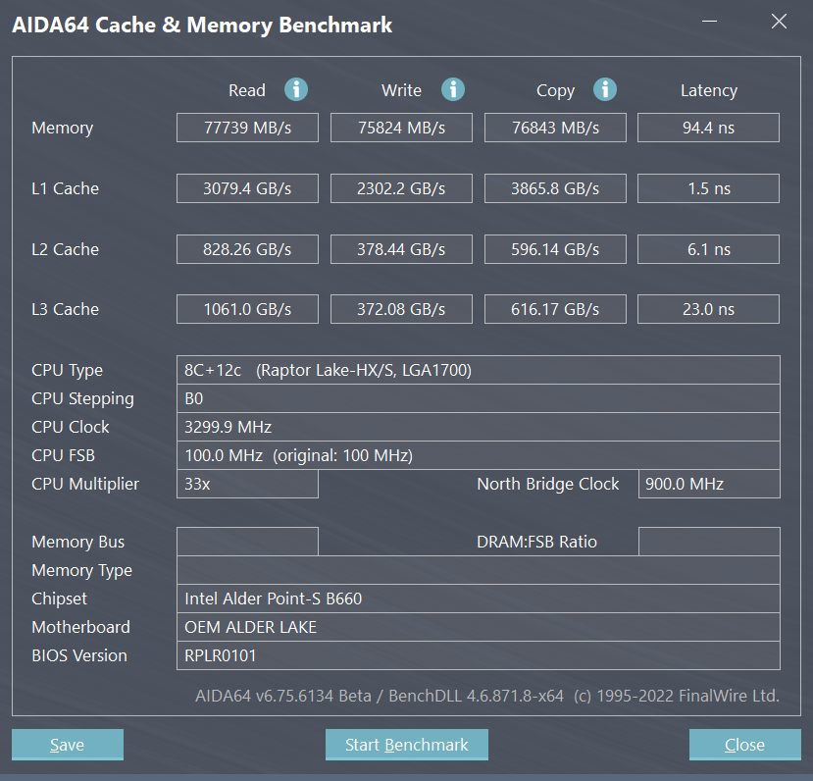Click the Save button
67,745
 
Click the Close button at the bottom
744,745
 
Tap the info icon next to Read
296,89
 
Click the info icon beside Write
452,89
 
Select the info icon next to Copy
605,89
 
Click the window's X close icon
779,22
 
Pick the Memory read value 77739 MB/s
247,128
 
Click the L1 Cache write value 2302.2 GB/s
401,188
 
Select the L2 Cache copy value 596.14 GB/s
555,249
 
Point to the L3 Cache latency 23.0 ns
708,309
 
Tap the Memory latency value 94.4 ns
708,128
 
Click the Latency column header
708,90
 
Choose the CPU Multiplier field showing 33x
247,484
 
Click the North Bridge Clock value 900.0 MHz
708,484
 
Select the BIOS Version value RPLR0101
478,655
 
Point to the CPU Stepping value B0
478,398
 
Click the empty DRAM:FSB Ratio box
708,542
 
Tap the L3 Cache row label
65,309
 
